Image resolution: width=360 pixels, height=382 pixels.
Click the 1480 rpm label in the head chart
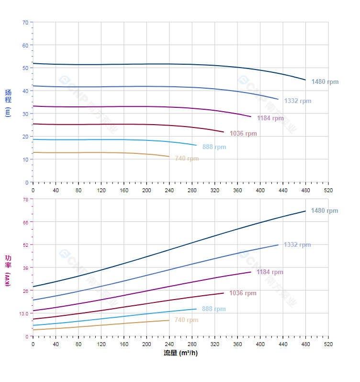coord(325,82)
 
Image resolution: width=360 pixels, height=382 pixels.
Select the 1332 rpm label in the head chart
coord(297,101)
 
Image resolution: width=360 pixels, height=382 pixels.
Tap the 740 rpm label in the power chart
coord(186,320)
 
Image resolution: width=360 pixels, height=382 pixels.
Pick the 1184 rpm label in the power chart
coord(270,272)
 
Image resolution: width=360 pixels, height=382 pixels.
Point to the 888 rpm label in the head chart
coord(214,147)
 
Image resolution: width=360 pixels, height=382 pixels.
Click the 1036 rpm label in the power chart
coord(243,293)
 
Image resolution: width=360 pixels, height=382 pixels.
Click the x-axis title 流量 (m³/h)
coord(180,353)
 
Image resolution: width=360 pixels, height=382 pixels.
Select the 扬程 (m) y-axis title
coord(8,103)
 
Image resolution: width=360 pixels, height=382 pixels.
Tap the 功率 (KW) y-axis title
coord(8,270)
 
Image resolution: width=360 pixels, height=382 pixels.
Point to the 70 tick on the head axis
coord(25,23)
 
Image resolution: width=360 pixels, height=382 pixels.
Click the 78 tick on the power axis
coord(25,199)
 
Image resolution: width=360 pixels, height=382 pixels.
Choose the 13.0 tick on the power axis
coord(23,313)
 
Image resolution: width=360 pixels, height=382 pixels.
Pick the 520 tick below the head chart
coord(328,190)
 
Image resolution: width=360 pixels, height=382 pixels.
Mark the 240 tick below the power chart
coord(169,344)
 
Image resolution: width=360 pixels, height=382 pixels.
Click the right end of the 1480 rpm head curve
coord(305,80)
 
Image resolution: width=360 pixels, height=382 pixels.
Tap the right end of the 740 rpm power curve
coord(169,320)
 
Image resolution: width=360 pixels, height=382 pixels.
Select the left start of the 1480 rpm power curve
coord(33,287)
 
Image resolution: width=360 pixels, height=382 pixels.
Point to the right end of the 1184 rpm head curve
coord(251,116)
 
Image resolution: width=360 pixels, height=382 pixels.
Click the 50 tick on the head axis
coord(25,68)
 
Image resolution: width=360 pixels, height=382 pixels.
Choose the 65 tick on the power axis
coord(25,222)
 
